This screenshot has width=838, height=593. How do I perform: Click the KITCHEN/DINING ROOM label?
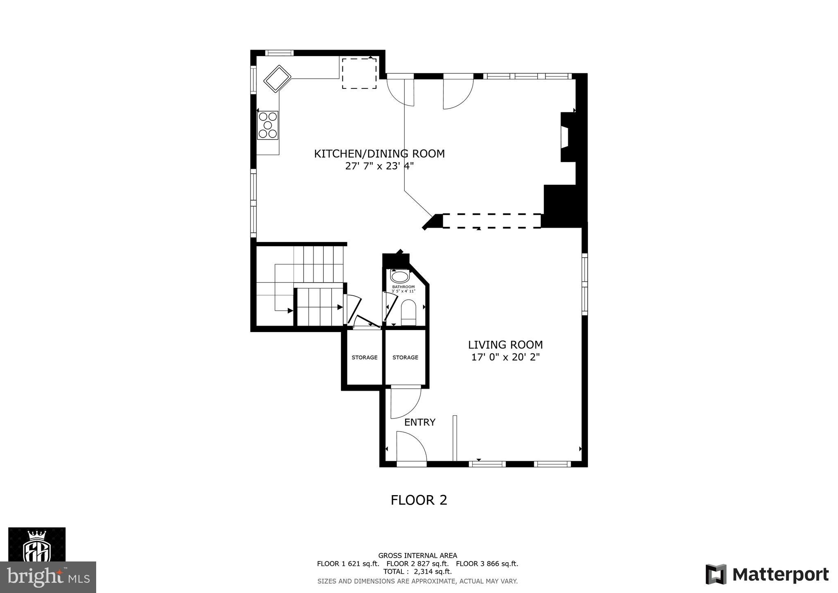click(379, 154)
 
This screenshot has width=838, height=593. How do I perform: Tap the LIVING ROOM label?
click(505, 344)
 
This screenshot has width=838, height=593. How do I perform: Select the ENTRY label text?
click(419, 422)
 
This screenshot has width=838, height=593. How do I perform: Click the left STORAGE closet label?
click(364, 358)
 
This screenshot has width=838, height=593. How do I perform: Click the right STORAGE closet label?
click(405, 358)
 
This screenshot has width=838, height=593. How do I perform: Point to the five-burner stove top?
click(268, 125)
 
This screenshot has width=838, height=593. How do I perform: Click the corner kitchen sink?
click(277, 78)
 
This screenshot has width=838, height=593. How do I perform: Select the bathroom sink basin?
click(400, 276)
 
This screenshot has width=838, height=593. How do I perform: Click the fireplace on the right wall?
click(568, 137)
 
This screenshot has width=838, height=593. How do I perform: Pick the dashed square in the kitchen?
click(359, 73)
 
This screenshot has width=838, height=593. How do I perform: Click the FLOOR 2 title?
click(419, 500)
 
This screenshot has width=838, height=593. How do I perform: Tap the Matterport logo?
click(767, 574)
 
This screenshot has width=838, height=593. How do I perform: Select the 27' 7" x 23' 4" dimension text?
click(379, 166)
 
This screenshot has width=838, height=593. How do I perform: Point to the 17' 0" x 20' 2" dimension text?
click(505, 357)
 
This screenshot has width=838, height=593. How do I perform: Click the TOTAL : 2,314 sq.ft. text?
click(417, 571)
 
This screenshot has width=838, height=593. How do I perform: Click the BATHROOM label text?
click(403, 287)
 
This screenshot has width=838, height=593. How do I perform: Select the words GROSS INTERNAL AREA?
click(417, 556)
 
